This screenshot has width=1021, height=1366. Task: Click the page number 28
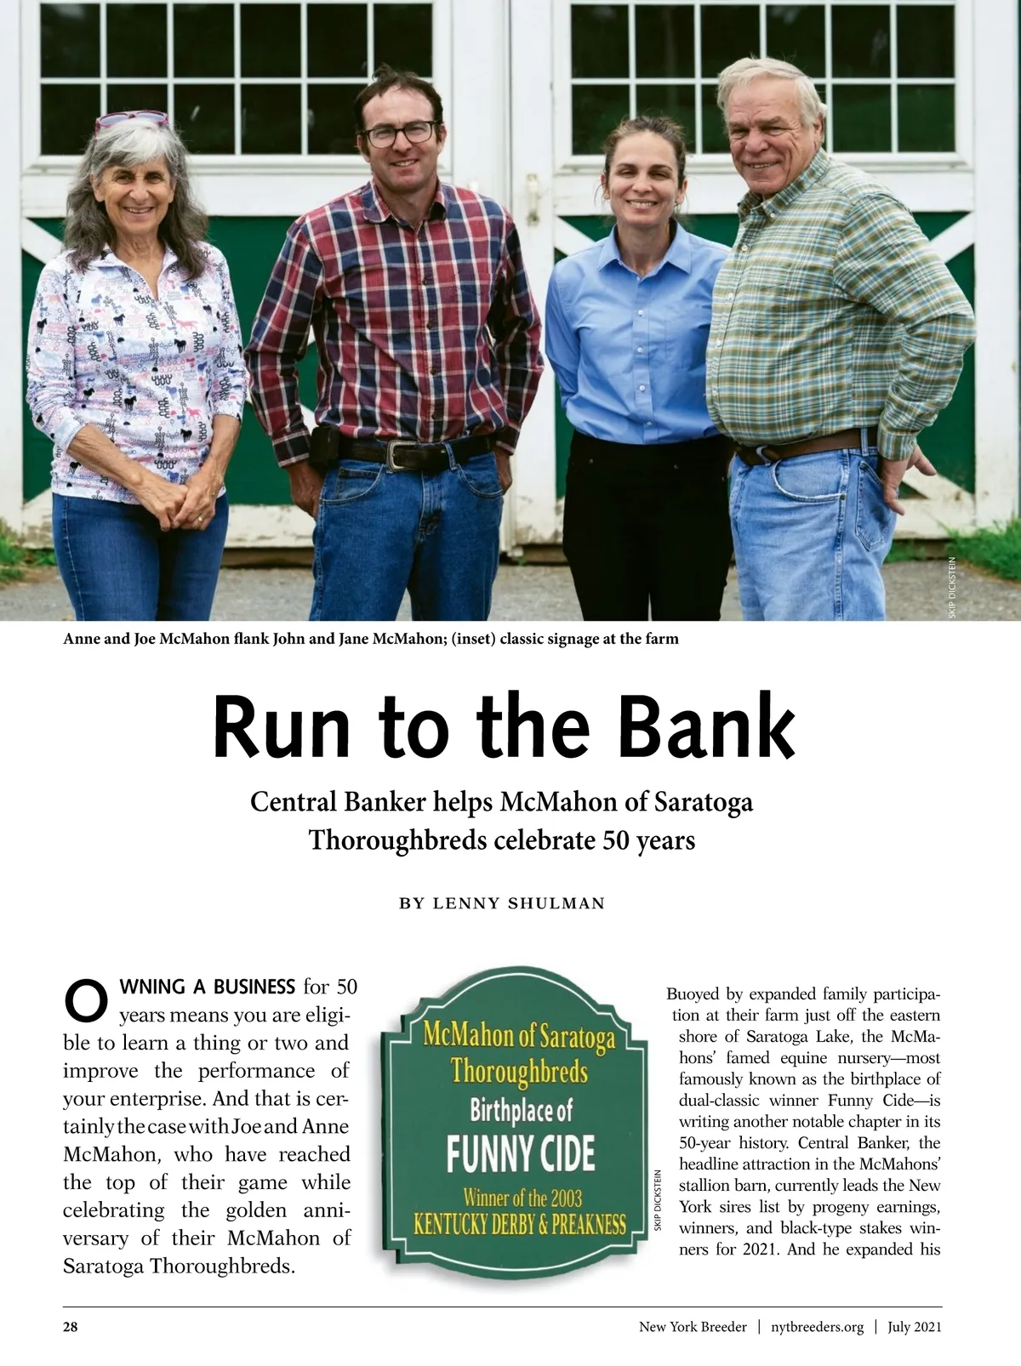click(x=71, y=1327)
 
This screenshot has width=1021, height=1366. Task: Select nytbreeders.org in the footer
click(x=817, y=1327)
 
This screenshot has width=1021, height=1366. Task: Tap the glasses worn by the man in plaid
click(x=400, y=133)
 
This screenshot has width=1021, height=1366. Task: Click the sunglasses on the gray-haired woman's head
click(x=132, y=120)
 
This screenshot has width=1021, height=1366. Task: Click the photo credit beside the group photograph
click(x=952, y=587)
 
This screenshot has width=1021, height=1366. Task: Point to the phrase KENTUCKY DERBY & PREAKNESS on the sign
click(x=520, y=1226)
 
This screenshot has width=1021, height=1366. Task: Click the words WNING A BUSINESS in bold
click(x=208, y=987)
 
